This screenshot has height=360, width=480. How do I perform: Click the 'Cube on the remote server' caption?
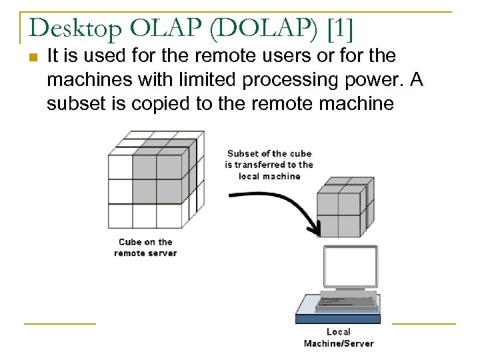pyautogui.click(x=145, y=247)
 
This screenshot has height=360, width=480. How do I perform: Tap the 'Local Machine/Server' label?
pyautogui.click(x=339, y=337)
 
